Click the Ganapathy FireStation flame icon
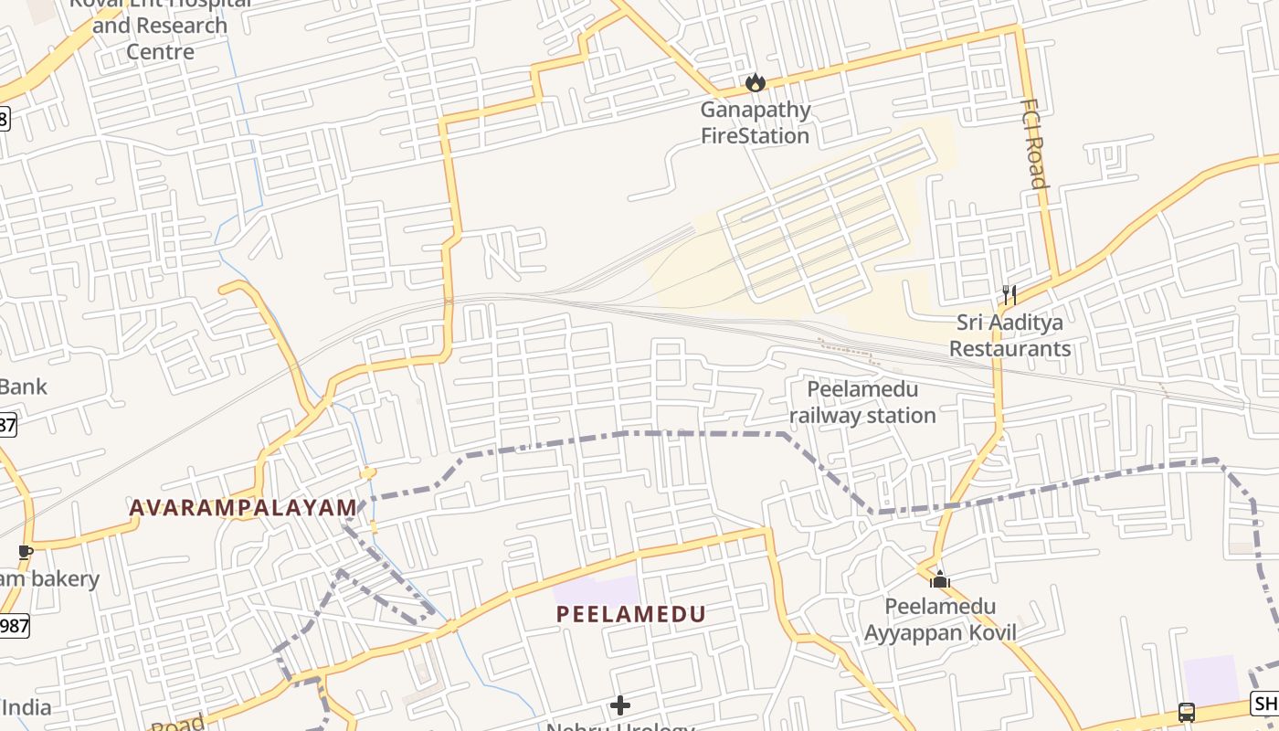coord(755,83)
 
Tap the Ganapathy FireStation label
coord(755,123)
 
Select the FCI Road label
coord(1033,143)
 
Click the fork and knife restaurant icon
coord(1009,294)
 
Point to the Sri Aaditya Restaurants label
coord(1009,335)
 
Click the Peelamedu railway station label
coord(862,403)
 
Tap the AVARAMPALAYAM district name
coord(243,507)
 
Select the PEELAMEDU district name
coord(631,614)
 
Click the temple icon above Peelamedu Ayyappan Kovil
coord(940,579)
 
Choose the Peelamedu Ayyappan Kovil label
coord(940,620)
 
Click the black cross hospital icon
coord(620,705)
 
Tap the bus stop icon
coord(1187,712)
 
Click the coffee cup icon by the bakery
coord(25,552)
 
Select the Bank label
coord(23,387)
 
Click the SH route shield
coord(1265,704)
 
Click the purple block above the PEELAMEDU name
coord(597,590)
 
